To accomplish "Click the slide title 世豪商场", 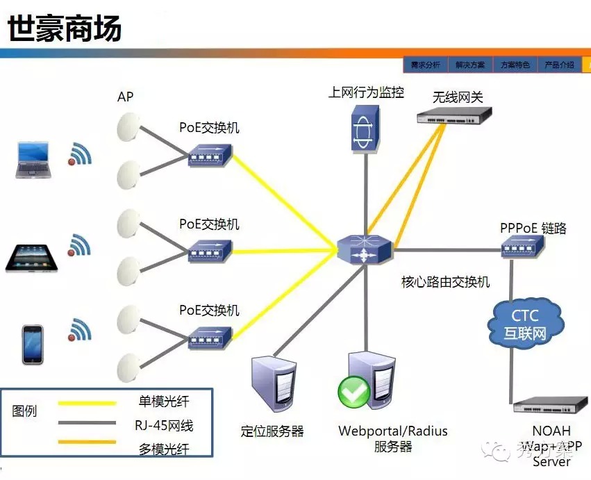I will click(x=65, y=29).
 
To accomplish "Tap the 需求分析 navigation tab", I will click(x=425, y=65).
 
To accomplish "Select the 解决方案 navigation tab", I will click(x=470, y=65).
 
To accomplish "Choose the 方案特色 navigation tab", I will click(x=515, y=65).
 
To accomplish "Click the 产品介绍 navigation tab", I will click(x=559, y=65).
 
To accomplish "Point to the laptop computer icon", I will click(x=33, y=160).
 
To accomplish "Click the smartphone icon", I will click(x=33, y=344).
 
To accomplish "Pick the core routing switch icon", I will click(x=365, y=249).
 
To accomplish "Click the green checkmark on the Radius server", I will click(x=354, y=392).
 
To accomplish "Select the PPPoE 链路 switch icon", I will click(x=522, y=245).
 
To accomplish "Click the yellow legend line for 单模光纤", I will click(x=87, y=402).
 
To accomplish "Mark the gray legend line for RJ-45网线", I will click(x=87, y=422).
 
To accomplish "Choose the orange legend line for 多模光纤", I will click(x=87, y=442).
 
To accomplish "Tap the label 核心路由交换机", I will click(x=445, y=282).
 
